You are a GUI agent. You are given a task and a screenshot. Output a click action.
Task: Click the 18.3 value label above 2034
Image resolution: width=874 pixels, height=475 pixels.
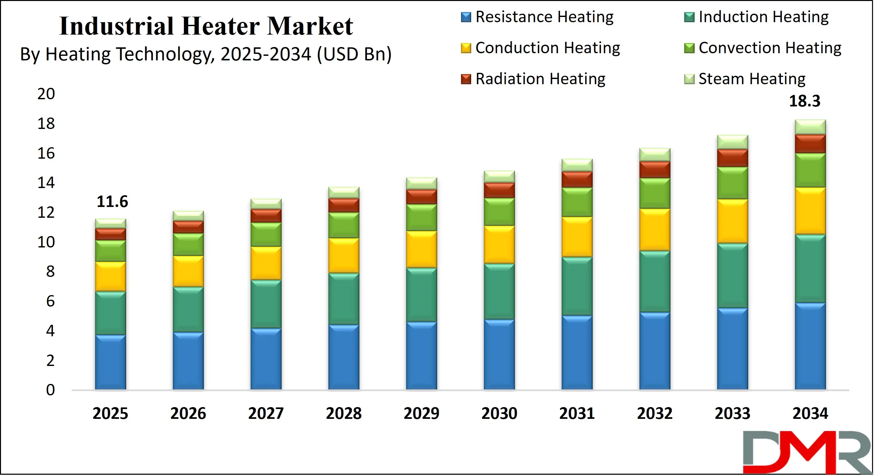(804, 101)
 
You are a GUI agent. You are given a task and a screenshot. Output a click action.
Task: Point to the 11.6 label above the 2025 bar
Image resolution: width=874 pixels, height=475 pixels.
(112, 202)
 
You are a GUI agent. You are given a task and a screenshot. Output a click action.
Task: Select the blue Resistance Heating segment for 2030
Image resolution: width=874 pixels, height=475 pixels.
(499, 354)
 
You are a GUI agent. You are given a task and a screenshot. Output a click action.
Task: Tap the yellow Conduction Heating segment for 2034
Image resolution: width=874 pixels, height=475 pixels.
(810, 211)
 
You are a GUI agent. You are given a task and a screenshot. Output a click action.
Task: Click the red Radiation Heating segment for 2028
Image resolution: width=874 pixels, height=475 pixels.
(344, 205)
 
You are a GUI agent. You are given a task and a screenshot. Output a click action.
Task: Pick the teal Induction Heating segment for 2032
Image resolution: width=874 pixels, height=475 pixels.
(655, 281)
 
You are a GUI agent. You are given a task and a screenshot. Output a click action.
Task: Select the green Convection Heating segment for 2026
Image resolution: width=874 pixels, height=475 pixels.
(188, 245)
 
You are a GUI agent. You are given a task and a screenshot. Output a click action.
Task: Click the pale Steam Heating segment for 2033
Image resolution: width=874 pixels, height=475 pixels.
(733, 142)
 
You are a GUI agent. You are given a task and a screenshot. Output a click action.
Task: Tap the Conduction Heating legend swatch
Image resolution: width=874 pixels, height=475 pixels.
(466, 48)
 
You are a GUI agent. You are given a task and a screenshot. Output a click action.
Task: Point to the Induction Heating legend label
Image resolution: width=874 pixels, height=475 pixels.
(763, 17)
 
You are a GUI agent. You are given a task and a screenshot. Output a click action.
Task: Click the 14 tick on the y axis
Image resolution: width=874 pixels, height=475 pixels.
(46, 183)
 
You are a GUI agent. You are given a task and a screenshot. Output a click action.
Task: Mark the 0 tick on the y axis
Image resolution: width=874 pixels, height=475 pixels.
(50, 390)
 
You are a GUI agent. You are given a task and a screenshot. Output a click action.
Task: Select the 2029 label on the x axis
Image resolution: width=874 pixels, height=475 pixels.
(421, 413)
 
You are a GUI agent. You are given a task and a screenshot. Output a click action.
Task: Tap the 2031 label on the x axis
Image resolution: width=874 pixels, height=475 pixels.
(577, 413)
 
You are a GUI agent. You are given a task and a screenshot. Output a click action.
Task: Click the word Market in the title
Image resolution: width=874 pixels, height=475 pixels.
(310, 26)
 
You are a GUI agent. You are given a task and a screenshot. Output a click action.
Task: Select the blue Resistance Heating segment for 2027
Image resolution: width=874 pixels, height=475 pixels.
(266, 359)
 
